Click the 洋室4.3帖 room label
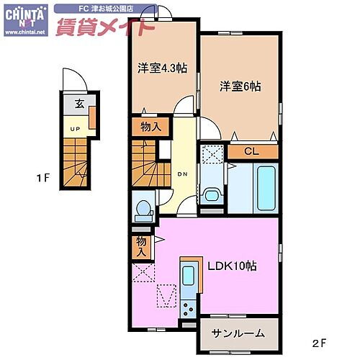(163, 68)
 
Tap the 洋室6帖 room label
(240, 86)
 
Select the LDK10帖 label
(233, 266)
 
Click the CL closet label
(251, 151)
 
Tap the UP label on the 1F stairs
(74, 129)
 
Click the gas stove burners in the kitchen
(189, 309)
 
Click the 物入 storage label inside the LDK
(141, 247)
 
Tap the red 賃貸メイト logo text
(105, 28)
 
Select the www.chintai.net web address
(24, 32)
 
